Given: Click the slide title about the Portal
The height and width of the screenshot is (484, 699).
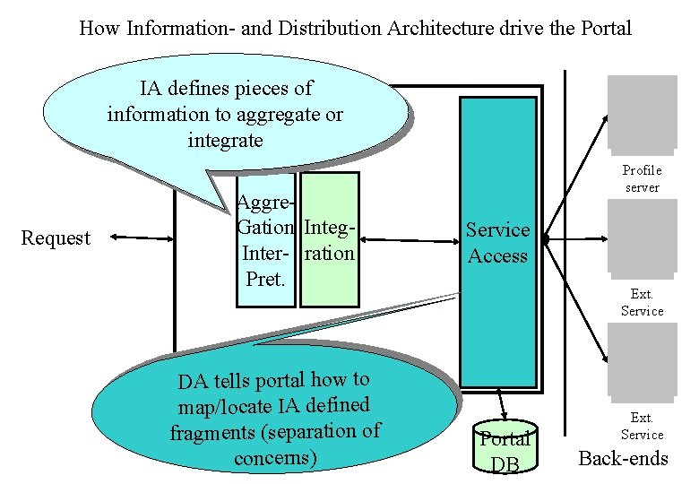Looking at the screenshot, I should [x=355, y=28].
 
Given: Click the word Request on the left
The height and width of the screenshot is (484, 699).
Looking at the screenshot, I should [x=56, y=238].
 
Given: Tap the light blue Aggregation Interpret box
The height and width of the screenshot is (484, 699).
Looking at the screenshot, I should [x=265, y=240].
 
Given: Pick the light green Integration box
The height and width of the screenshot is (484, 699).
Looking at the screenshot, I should [x=329, y=240].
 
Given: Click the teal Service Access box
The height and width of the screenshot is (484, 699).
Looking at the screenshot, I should [x=497, y=243].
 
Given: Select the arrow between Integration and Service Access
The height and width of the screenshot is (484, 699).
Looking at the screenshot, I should [x=409, y=240].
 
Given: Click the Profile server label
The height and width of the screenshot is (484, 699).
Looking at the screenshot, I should [x=642, y=178].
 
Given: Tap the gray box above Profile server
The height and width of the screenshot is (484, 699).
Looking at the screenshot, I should [x=642, y=112].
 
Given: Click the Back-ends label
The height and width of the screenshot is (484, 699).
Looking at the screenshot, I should [x=623, y=459].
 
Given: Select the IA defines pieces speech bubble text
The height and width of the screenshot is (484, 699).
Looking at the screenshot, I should [x=225, y=114].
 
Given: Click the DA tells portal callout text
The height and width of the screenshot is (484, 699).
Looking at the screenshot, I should [x=274, y=418].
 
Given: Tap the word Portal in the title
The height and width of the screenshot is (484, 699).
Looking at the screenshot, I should [x=604, y=28].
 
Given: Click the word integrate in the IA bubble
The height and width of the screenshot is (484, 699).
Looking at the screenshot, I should [x=225, y=140].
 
